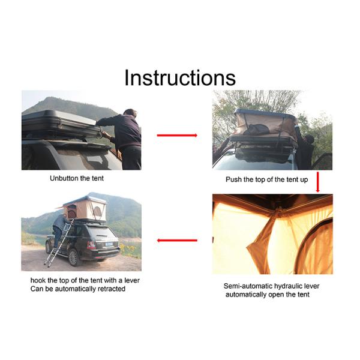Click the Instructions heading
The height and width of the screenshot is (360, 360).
[x=180, y=77]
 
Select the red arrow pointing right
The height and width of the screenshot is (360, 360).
[x=177, y=136]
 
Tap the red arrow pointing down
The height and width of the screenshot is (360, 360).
[x=318, y=182]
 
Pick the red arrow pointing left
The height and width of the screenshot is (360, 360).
[x=177, y=241]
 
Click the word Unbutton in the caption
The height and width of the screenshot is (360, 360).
[x=62, y=178]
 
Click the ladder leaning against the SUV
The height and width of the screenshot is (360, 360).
[x=59, y=242]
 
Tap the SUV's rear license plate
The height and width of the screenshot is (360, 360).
[x=109, y=244]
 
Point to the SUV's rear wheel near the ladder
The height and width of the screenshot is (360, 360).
[x=73, y=257]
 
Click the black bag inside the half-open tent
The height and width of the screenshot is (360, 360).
[x=257, y=130]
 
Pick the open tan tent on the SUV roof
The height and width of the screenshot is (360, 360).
[x=85, y=209]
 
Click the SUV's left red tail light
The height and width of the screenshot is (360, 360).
[x=91, y=245]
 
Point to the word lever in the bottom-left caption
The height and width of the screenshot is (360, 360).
[x=132, y=280]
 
